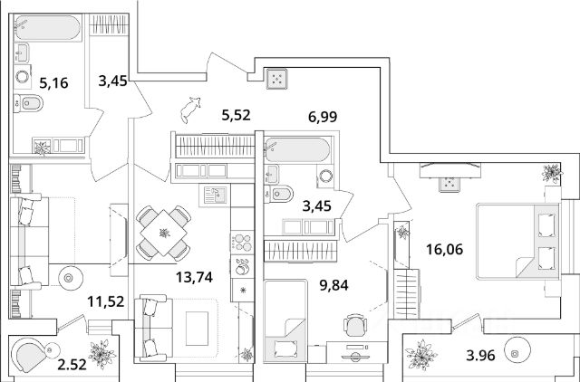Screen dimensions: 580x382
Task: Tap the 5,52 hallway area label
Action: [x=236, y=115]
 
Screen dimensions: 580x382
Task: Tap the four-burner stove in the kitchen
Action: [x=242, y=240]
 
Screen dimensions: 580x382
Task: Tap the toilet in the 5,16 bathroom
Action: [x=25, y=106]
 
